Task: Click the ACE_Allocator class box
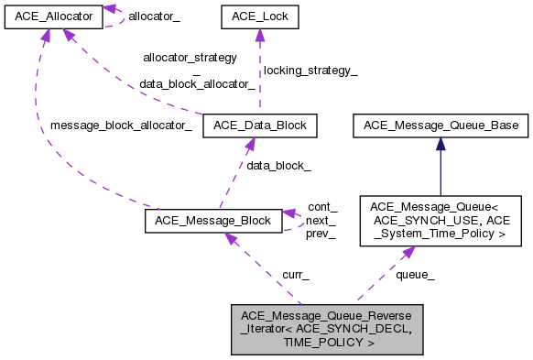[x=52, y=16]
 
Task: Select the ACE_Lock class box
[x=259, y=16]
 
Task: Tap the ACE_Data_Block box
[x=260, y=125]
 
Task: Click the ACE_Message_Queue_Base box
[x=441, y=125]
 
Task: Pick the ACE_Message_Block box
[x=212, y=220]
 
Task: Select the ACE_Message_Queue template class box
[x=441, y=220]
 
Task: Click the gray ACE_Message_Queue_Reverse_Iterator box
[x=327, y=329]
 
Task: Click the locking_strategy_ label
[x=310, y=71]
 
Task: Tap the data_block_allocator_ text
[x=197, y=83]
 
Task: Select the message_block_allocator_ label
[x=121, y=125]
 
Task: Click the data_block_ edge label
[x=278, y=166]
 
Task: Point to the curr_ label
[x=294, y=274]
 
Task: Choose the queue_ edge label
[x=415, y=274]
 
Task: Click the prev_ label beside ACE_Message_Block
[x=321, y=234]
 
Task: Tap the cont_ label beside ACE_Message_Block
[x=321, y=207]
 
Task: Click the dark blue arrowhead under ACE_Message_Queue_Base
[x=441, y=143]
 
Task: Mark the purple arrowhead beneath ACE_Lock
[x=259, y=36]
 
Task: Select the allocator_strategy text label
[x=190, y=57]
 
